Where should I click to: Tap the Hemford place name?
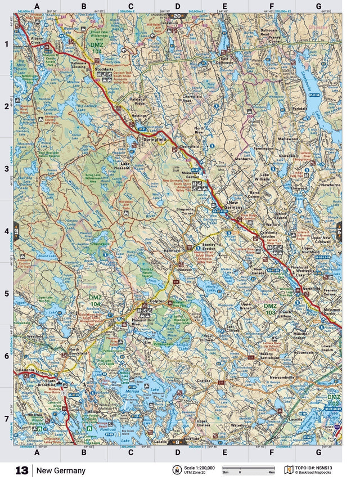click(x=172, y=251)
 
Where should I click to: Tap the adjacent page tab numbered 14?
click(x=339, y=230)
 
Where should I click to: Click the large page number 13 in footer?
click(x=22, y=470)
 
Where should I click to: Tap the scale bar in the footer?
click(x=248, y=468)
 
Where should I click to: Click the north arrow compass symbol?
click(x=177, y=470)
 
